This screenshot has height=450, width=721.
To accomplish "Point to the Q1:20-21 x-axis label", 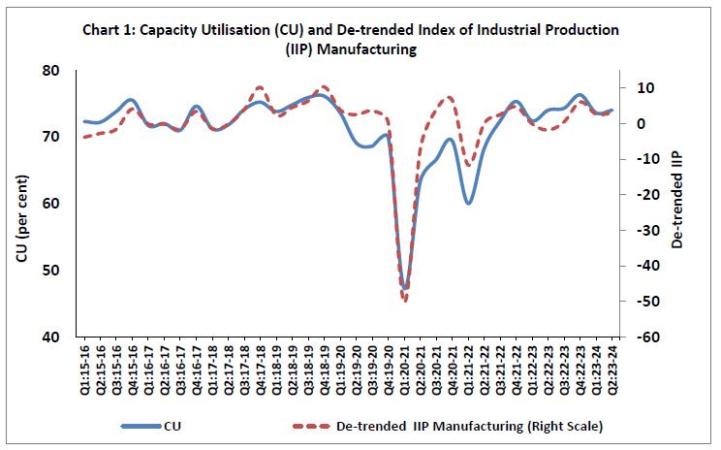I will [405, 368].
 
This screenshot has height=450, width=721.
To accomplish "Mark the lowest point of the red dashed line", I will [405, 300].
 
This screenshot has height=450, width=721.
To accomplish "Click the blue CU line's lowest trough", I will [405, 287].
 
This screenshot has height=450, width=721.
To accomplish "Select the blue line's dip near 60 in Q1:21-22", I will [468, 203].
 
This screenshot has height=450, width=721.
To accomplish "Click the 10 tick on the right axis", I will [640, 88].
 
